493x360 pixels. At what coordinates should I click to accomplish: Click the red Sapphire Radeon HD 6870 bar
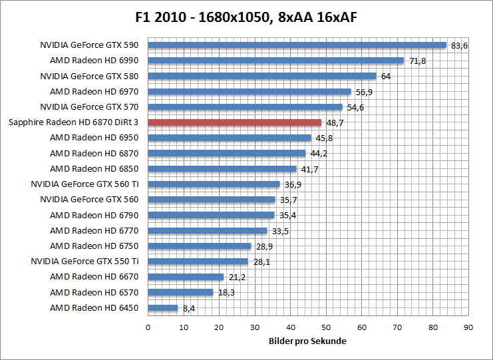(x=234, y=122)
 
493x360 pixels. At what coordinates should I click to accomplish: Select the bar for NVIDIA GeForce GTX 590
(x=297, y=45)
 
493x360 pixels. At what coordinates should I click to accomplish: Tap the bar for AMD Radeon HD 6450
(x=163, y=308)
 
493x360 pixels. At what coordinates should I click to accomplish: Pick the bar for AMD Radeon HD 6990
(x=275, y=61)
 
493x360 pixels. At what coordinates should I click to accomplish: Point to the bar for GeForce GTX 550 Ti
(x=198, y=262)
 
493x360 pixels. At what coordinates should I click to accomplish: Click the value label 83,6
(x=459, y=46)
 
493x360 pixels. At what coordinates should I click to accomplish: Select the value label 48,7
(x=335, y=123)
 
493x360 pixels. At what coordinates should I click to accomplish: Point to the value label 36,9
(x=292, y=185)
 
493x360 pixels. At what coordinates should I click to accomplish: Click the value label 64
(x=385, y=77)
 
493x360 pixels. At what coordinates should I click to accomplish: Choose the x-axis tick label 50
(x=326, y=327)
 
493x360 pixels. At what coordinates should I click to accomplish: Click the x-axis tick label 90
(x=468, y=327)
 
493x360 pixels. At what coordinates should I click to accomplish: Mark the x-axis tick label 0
(x=148, y=327)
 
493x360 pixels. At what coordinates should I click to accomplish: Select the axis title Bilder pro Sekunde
(x=308, y=341)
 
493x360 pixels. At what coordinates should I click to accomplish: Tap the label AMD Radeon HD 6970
(x=94, y=91)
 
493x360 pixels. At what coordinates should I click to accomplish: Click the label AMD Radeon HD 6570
(x=94, y=292)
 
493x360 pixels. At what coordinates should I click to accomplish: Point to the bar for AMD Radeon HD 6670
(x=186, y=277)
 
